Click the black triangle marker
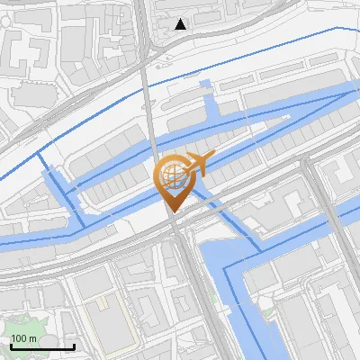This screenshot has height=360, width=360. coord(181,24)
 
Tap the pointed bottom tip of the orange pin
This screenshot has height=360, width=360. coord(173,212)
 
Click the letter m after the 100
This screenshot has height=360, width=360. coord(34,338)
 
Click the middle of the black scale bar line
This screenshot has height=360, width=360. coord(42,346)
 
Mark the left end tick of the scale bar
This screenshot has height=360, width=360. coord(11,346)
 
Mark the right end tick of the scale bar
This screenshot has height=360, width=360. coord(74,346)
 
